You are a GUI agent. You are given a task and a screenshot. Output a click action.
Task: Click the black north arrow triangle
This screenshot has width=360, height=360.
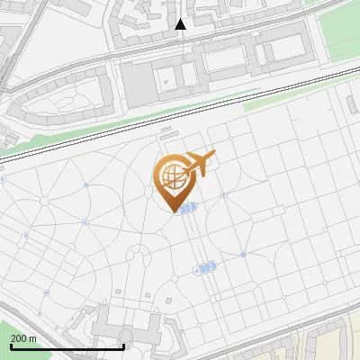[x=180, y=24]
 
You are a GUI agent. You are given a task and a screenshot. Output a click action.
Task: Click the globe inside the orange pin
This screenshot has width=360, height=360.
[x=172, y=174]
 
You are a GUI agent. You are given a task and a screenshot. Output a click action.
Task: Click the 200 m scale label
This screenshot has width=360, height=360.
[x=23, y=338]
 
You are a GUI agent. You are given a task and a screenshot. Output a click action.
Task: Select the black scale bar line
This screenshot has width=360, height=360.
[x=67, y=346]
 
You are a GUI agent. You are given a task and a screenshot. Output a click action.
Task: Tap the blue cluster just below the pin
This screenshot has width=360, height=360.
[x=186, y=209]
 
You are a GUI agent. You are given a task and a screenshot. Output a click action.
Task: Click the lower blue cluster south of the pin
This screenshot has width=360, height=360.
[x=205, y=267]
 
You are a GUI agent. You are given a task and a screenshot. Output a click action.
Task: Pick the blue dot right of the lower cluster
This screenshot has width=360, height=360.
[x=243, y=255]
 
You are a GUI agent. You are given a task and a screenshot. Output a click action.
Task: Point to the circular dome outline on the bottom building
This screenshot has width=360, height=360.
[x=125, y=337]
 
